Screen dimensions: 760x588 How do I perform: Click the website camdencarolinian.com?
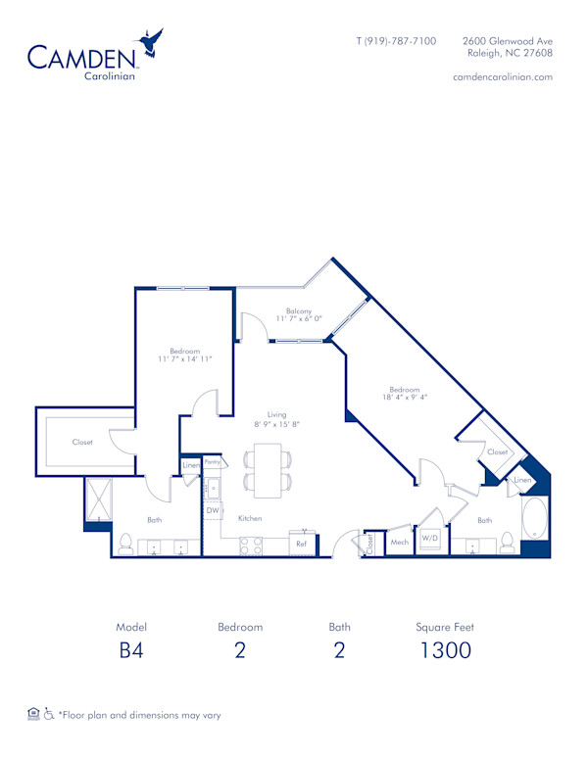[x=504, y=76]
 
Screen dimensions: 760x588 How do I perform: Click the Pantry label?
[x=212, y=460]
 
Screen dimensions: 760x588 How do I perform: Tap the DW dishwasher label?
[x=212, y=510]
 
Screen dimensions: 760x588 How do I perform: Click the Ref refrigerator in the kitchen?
[x=302, y=543]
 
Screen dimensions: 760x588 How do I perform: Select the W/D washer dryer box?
[x=429, y=539]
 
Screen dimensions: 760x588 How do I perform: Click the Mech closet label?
[x=399, y=542]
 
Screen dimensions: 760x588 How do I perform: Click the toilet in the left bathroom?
[x=124, y=542]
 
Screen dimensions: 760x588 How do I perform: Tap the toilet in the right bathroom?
[x=507, y=541]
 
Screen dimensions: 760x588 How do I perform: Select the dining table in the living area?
[x=268, y=468]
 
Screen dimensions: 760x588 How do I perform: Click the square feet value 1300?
[x=446, y=650]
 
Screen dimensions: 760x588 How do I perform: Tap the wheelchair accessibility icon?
[x=48, y=714]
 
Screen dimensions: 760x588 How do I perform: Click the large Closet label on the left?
[x=82, y=442]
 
